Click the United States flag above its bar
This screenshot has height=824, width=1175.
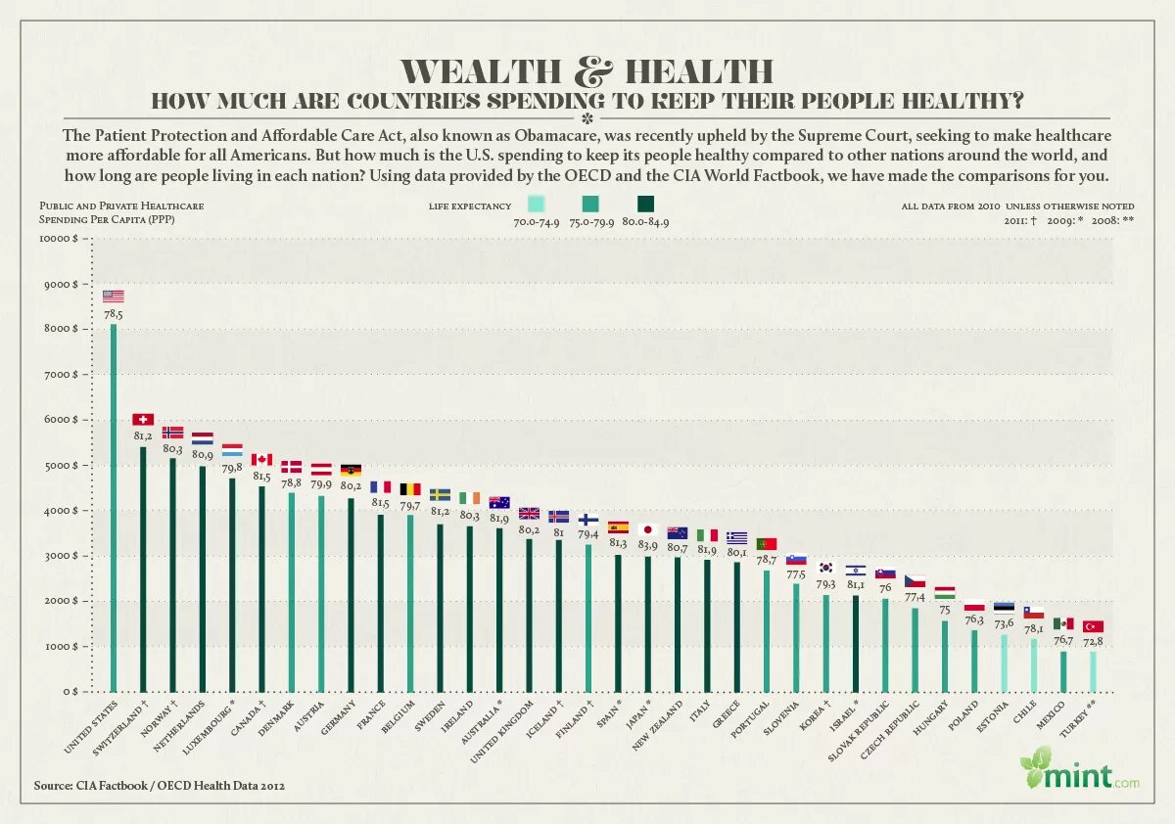114,297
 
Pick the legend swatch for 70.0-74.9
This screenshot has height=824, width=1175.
536,205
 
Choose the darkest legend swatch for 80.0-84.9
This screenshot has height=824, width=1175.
646,205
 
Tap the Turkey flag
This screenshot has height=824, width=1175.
1093,626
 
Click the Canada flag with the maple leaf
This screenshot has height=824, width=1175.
261,460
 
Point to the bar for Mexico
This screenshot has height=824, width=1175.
1063,671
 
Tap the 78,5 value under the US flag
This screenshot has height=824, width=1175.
114,315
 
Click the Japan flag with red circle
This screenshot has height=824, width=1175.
647,529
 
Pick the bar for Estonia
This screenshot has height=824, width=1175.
1004,663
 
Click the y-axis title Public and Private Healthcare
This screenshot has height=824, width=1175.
121,206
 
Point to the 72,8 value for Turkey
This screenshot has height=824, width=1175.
1093,642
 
